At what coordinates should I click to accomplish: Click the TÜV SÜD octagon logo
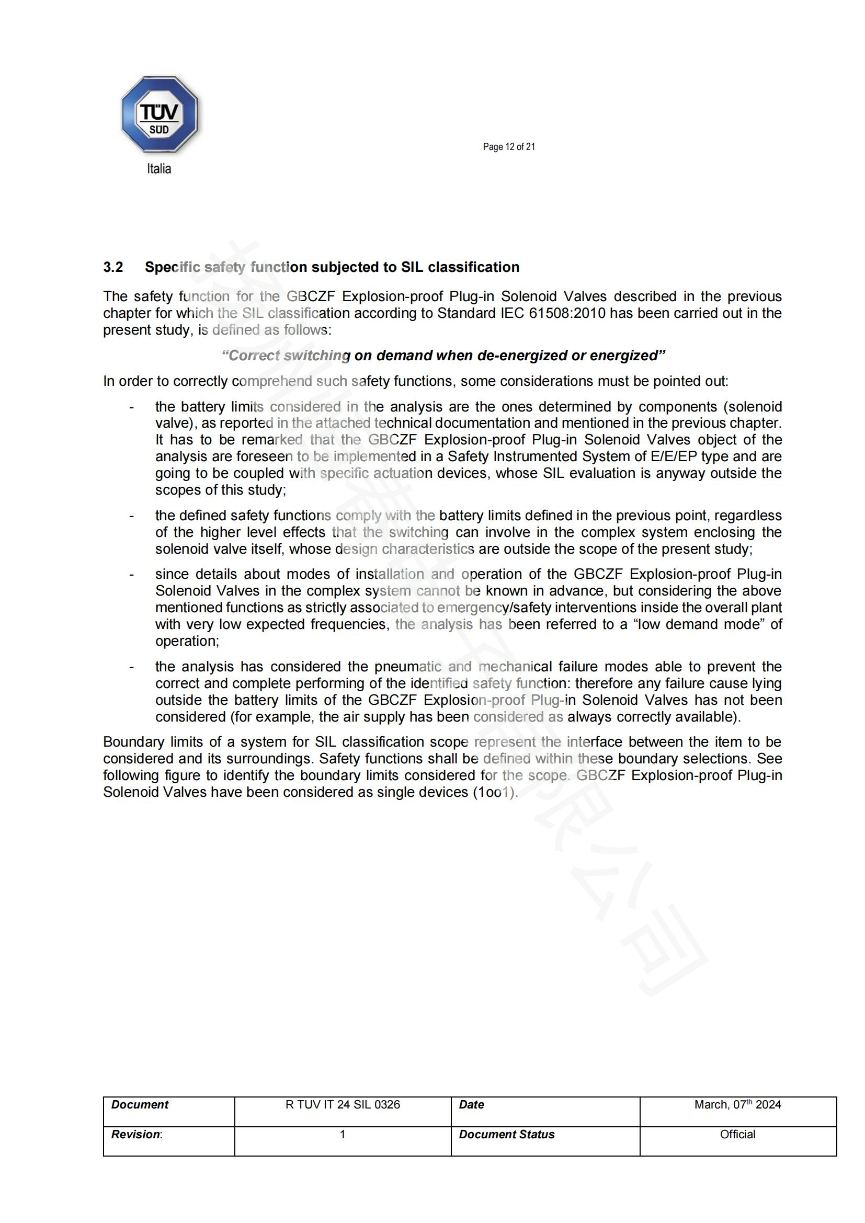click(160, 115)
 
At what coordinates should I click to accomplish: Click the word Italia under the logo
click(159, 169)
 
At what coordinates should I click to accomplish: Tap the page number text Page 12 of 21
click(509, 147)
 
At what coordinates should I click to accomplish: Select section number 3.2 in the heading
click(113, 267)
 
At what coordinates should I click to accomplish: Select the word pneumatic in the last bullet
click(408, 666)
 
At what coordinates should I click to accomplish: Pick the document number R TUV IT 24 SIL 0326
click(343, 1105)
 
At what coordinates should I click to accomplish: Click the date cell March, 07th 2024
click(738, 1105)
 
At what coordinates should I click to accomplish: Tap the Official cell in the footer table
click(738, 1135)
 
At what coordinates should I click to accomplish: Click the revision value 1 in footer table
click(343, 1135)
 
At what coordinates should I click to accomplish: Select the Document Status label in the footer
click(507, 1135)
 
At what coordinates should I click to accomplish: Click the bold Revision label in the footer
click(135, 1135)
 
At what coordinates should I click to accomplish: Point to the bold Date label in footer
click(471, 1105)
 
